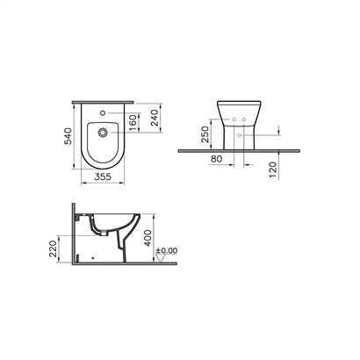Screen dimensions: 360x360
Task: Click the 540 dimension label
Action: click(68, 136)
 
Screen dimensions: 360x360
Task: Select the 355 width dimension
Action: click(103, 176)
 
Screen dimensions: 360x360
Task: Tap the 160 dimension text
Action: click(133, 123)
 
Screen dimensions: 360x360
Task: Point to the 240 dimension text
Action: click(155, 118)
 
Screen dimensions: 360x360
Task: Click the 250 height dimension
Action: click(205, 134)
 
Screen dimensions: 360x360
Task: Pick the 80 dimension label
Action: click(217, 159)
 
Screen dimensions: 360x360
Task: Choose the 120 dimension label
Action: click(272, 169)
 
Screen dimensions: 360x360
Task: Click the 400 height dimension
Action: click(148, 238)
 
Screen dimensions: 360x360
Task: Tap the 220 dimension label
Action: click(53, 248)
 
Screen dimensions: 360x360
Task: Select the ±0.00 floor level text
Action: click(167, 250)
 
